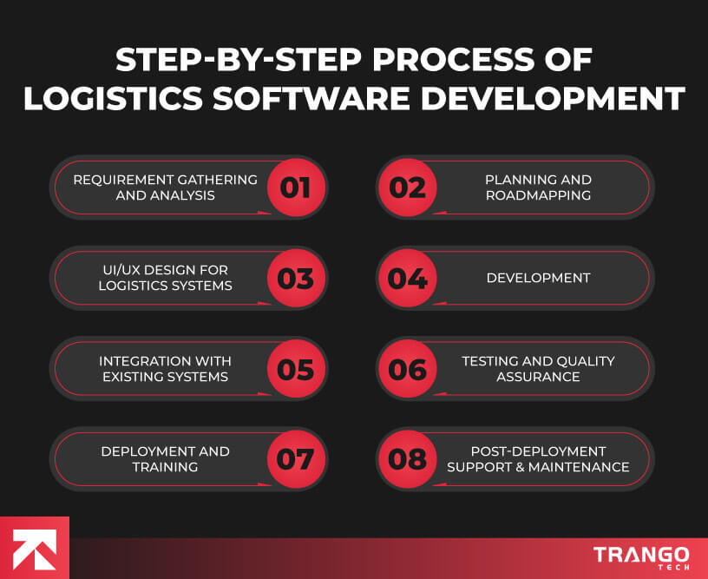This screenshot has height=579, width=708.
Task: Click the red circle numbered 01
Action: click(x=295, y=188)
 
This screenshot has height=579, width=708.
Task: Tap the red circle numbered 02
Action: click(x=408, y=188)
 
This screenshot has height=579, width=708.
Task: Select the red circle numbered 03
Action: click(x=295, y=279)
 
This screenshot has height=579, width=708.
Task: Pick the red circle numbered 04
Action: click(x=408, y=279)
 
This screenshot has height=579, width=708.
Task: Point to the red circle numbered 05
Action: click(x=295, y=369)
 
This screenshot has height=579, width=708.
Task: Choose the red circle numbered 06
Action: click(x=408, y=369)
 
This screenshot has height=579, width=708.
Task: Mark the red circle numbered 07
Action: click(x=295, y=459)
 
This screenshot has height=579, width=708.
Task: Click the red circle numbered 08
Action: click(x=408, y=459)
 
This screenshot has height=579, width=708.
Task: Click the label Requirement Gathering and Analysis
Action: click(x=165, y=188)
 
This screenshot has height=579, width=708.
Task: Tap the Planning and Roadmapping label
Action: click(x=538, y=188)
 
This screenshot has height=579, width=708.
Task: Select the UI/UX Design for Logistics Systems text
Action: click(x=165, y=278)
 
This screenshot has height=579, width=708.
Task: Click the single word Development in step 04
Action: click(x=538, y=278)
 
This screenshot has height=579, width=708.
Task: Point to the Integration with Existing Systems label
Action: click(x=165, y=369)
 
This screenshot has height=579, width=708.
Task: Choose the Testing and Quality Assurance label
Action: click(x=538, y=369)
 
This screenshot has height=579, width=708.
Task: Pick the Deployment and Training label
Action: click(x=165, y=459)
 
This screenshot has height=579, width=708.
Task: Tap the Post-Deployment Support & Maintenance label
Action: click(x=538, y=459)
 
